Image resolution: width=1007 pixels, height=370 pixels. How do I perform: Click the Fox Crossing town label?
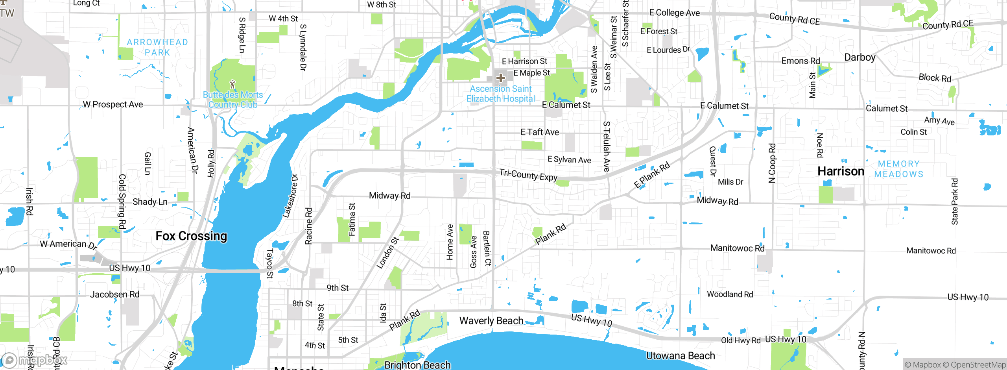click(x=191, y=236)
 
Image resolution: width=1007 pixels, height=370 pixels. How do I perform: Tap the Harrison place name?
click(x=841, y=172)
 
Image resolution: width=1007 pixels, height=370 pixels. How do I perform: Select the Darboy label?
click(x=860, y=57)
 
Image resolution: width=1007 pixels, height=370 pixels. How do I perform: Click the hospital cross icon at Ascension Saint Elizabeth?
click(x=500, y=78)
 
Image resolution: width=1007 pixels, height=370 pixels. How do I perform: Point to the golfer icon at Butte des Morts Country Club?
click(x=232, y=84)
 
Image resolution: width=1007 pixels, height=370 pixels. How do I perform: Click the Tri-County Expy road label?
click(x=528, y=175)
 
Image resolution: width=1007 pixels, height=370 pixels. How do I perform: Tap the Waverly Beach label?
click(x=491, y=321)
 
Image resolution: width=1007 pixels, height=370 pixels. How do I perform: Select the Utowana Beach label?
click(x=680, y=356)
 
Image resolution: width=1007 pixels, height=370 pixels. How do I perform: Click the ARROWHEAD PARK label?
click(x=157, y=47)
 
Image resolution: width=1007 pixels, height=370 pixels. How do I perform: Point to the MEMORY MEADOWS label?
click(x=899, y=169)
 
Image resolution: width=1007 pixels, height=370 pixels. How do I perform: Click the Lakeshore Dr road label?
click(x=291, y=196)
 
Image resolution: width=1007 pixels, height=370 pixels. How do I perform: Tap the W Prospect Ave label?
click(x=113, y=105)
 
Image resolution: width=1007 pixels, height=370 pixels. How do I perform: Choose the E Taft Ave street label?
click(x=540, y=132)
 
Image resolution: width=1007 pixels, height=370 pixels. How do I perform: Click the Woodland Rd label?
click(x=730, y=294)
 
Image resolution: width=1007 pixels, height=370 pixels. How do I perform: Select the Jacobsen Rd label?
click(x=115, y=294)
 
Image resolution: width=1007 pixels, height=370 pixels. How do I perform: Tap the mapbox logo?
click(x=35, y=360)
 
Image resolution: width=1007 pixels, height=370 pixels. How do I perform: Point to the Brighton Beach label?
click(x=417, y=365)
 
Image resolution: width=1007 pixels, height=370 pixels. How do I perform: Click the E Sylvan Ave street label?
click(x=569, y=159)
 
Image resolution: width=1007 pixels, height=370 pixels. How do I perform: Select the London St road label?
click(x=387, y=253)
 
